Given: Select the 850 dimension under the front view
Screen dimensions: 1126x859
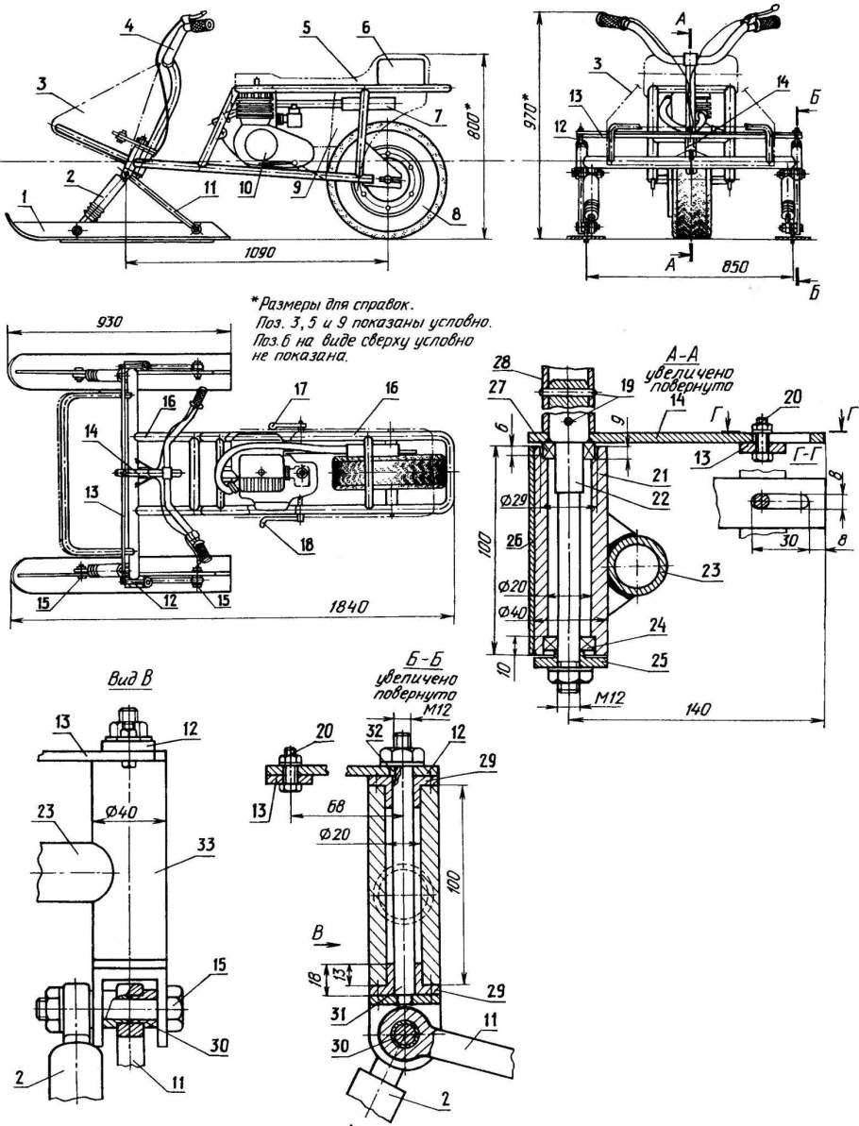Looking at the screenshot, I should tap(704, 267).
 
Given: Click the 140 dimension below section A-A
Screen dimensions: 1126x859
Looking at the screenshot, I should tap(699, 709).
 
